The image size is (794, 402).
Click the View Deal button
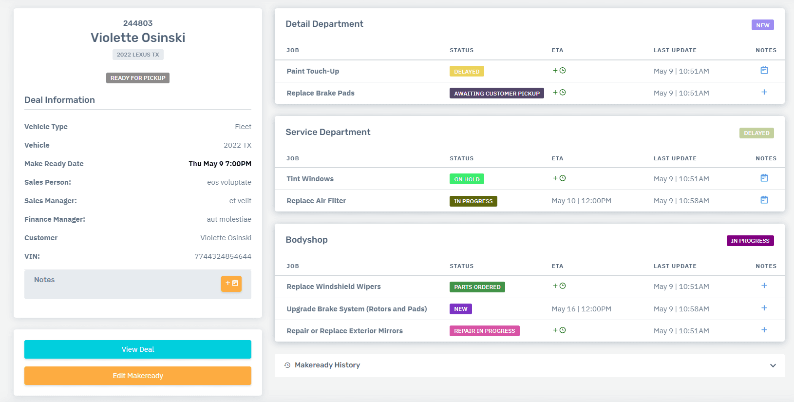pyautogui.click(x=138, y=349)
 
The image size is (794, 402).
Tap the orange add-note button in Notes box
pyautogui.click(x=231, y=284)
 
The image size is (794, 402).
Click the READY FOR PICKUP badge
pyautogui.click(x=138, y=78)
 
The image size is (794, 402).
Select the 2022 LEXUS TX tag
pyautogui.click(x=138, y=55)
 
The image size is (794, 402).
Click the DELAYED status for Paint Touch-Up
pyautogui.click(x=467, y=72)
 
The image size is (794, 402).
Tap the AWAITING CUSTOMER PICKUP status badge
pyautogui.click(x=496, y=94)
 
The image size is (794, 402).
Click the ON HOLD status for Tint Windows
pyautogui.click(x=467, y=179)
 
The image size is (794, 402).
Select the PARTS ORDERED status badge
pyautogui.click(x=477, y=287)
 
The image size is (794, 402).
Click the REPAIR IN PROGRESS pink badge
pyautogui.click(x=484, y=331)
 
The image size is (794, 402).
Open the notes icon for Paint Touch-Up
pyautogui.click(x=764, y=71)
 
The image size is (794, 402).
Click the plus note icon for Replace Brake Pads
pyautogui.click(x=764, y=93)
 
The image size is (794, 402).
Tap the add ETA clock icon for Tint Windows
pyautogui.click(x=559, y=178)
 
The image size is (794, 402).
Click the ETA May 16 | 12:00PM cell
pyautogui.click(x=581, y=309)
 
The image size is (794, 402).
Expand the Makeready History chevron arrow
pyautogui.click(x=773, y=365)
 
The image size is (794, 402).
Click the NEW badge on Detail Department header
pyautogui.click(x=762, y=25)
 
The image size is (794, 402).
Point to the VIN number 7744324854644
pyautogui.click(x=223, y=256)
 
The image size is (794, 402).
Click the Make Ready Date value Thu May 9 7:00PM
pyautogui.click(x=220, y=164)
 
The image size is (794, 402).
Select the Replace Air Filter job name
pyautogui.click(x=316, y=201)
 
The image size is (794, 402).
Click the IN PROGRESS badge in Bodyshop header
pyautogui.click(x=750, y=241)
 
